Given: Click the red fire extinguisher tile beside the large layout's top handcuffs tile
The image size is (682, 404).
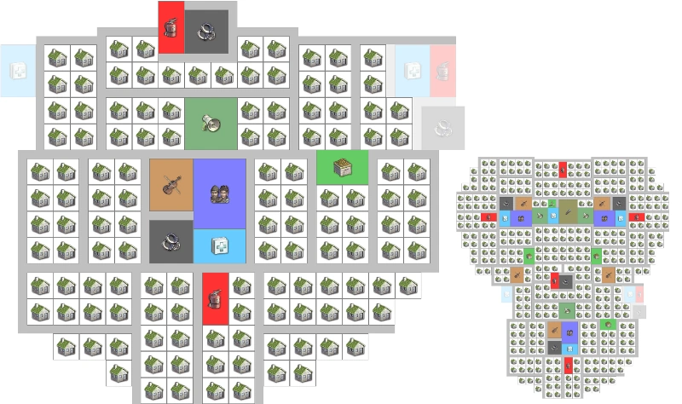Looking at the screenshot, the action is (x=170, y=26).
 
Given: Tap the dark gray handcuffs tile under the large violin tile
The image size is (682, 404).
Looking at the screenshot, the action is (x=170, y=241).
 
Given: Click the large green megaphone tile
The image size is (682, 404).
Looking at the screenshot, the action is (x=210, y=123).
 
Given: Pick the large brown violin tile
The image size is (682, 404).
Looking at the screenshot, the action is (x=170, y=184).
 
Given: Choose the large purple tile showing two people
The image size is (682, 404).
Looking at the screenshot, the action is (x=219, y=193).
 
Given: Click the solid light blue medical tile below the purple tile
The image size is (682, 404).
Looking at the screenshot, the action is (x=219, y=245).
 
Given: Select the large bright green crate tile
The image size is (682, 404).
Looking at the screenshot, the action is (x=342, y=166).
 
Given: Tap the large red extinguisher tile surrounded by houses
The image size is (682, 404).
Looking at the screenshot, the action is (x=217, y=298).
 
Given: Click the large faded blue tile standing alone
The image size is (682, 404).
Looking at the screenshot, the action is (x=17, y=70).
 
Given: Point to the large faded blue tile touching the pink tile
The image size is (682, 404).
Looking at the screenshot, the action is (x=412, y=70).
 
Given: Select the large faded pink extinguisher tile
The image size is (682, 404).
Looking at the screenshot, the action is (x=442, y=70).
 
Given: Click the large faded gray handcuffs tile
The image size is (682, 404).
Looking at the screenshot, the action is (x=442, y=128).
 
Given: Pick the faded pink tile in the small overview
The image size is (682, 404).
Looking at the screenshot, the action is (x=639, y=293).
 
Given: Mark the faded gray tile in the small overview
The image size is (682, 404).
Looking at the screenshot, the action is (x=638, y=310).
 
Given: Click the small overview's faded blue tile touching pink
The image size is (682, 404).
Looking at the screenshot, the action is (x=631, y=293).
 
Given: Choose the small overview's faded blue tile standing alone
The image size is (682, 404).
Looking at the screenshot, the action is (x=506, y=295).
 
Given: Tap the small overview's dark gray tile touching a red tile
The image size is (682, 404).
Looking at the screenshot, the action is (x=565, y=280).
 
